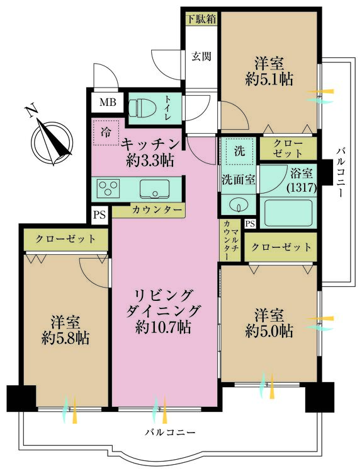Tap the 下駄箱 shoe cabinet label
pos(200,18)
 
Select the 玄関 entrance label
pos(201,55)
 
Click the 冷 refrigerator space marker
pos(106,133)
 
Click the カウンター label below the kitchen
pos(157,210)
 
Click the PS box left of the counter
pos(99,214)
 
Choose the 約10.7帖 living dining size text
pos(163,327)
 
